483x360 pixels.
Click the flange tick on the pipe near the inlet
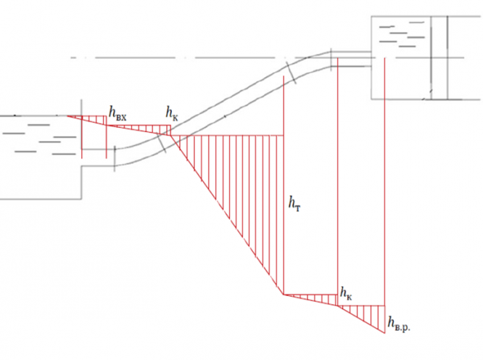tap(115, 158)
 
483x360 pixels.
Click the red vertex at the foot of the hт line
tap(284, 294)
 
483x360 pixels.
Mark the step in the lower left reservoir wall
tap(81, 168)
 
